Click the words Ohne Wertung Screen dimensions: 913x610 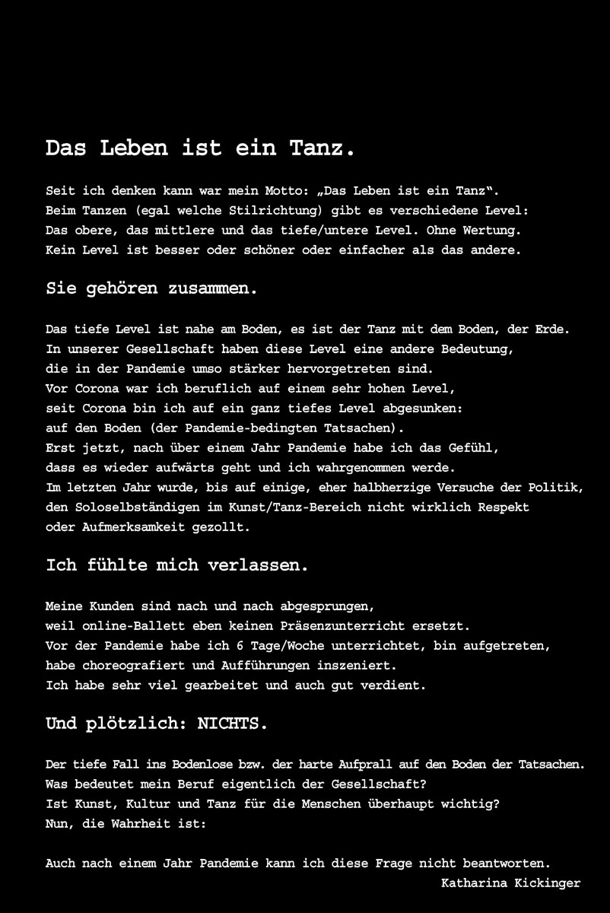point(484,230)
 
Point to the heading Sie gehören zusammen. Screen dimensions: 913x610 point(152,288)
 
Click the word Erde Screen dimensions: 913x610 point(551,329)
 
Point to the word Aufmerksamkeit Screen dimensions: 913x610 point(129,526)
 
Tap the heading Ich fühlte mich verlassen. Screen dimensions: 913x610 point(176,565)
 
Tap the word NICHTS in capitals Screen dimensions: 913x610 point(232,724)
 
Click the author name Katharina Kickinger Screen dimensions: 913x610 point(510,883)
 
